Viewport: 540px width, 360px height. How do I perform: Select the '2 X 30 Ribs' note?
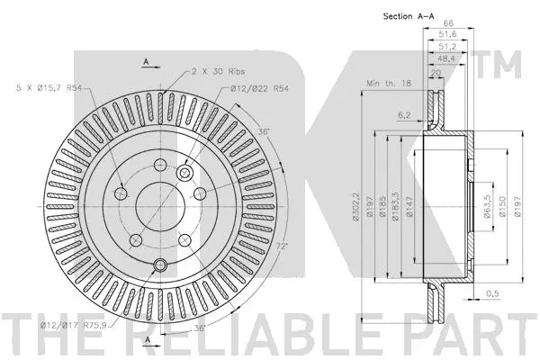pos(215,69)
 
